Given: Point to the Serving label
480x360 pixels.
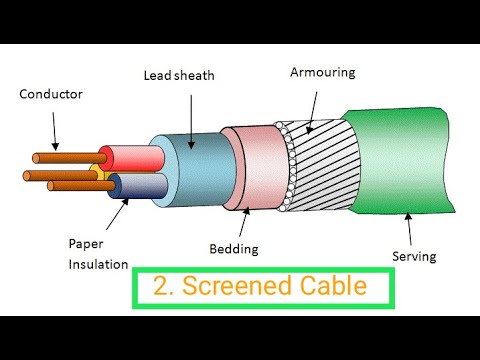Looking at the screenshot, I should point(413,256).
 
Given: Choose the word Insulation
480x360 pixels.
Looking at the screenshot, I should point(98,264).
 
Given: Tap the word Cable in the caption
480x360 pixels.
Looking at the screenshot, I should point(331,286).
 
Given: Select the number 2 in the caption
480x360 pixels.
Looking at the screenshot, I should point(162,286).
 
